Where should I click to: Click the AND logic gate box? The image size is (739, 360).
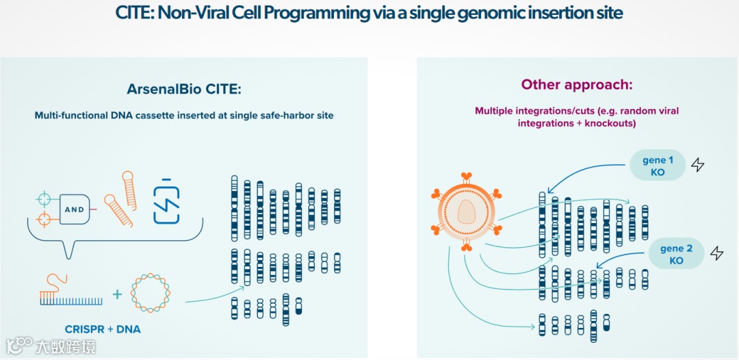pyautogui.click(x=75, y=209)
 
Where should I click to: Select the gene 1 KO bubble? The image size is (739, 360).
pyautogui.click(x=658, y=166)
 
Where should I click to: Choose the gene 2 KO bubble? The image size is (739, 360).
pyautogui.click(x=676, y=254)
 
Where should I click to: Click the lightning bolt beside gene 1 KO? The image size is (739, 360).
pyautogui.click(x=697, y=165)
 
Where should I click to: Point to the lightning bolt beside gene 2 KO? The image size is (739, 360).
pyautogui.click(x=716, y=254)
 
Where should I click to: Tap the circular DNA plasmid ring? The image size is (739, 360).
pyautogui.click(x=151, y=293)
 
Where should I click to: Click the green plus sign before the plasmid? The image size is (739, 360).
pyautogui.click(x=117, y=294)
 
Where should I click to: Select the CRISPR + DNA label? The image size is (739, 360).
pyautogui.click(x=103, y=329)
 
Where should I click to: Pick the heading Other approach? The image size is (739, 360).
pyautogui.click(x=577, y=84)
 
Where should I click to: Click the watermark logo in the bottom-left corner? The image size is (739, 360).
pyautogui.click(x=19, y=346)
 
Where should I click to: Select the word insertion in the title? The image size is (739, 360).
pyautogui.click(x=549, y=13)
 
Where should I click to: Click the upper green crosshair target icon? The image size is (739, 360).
pyautogui.click(x=44, y=199)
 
